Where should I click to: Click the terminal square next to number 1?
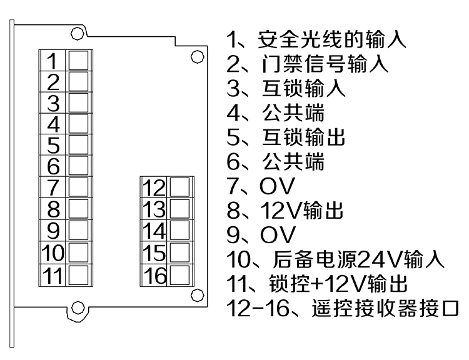pos(78,60)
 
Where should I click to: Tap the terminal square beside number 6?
pos(78,166)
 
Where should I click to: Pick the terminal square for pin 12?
pos(179,187)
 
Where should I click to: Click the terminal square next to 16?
pos(179,273)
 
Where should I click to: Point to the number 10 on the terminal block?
pos(54,252)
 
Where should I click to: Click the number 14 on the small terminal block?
pos(154,231)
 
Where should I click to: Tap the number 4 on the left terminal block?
pos(53,124)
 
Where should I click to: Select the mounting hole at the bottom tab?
pos(78,307)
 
